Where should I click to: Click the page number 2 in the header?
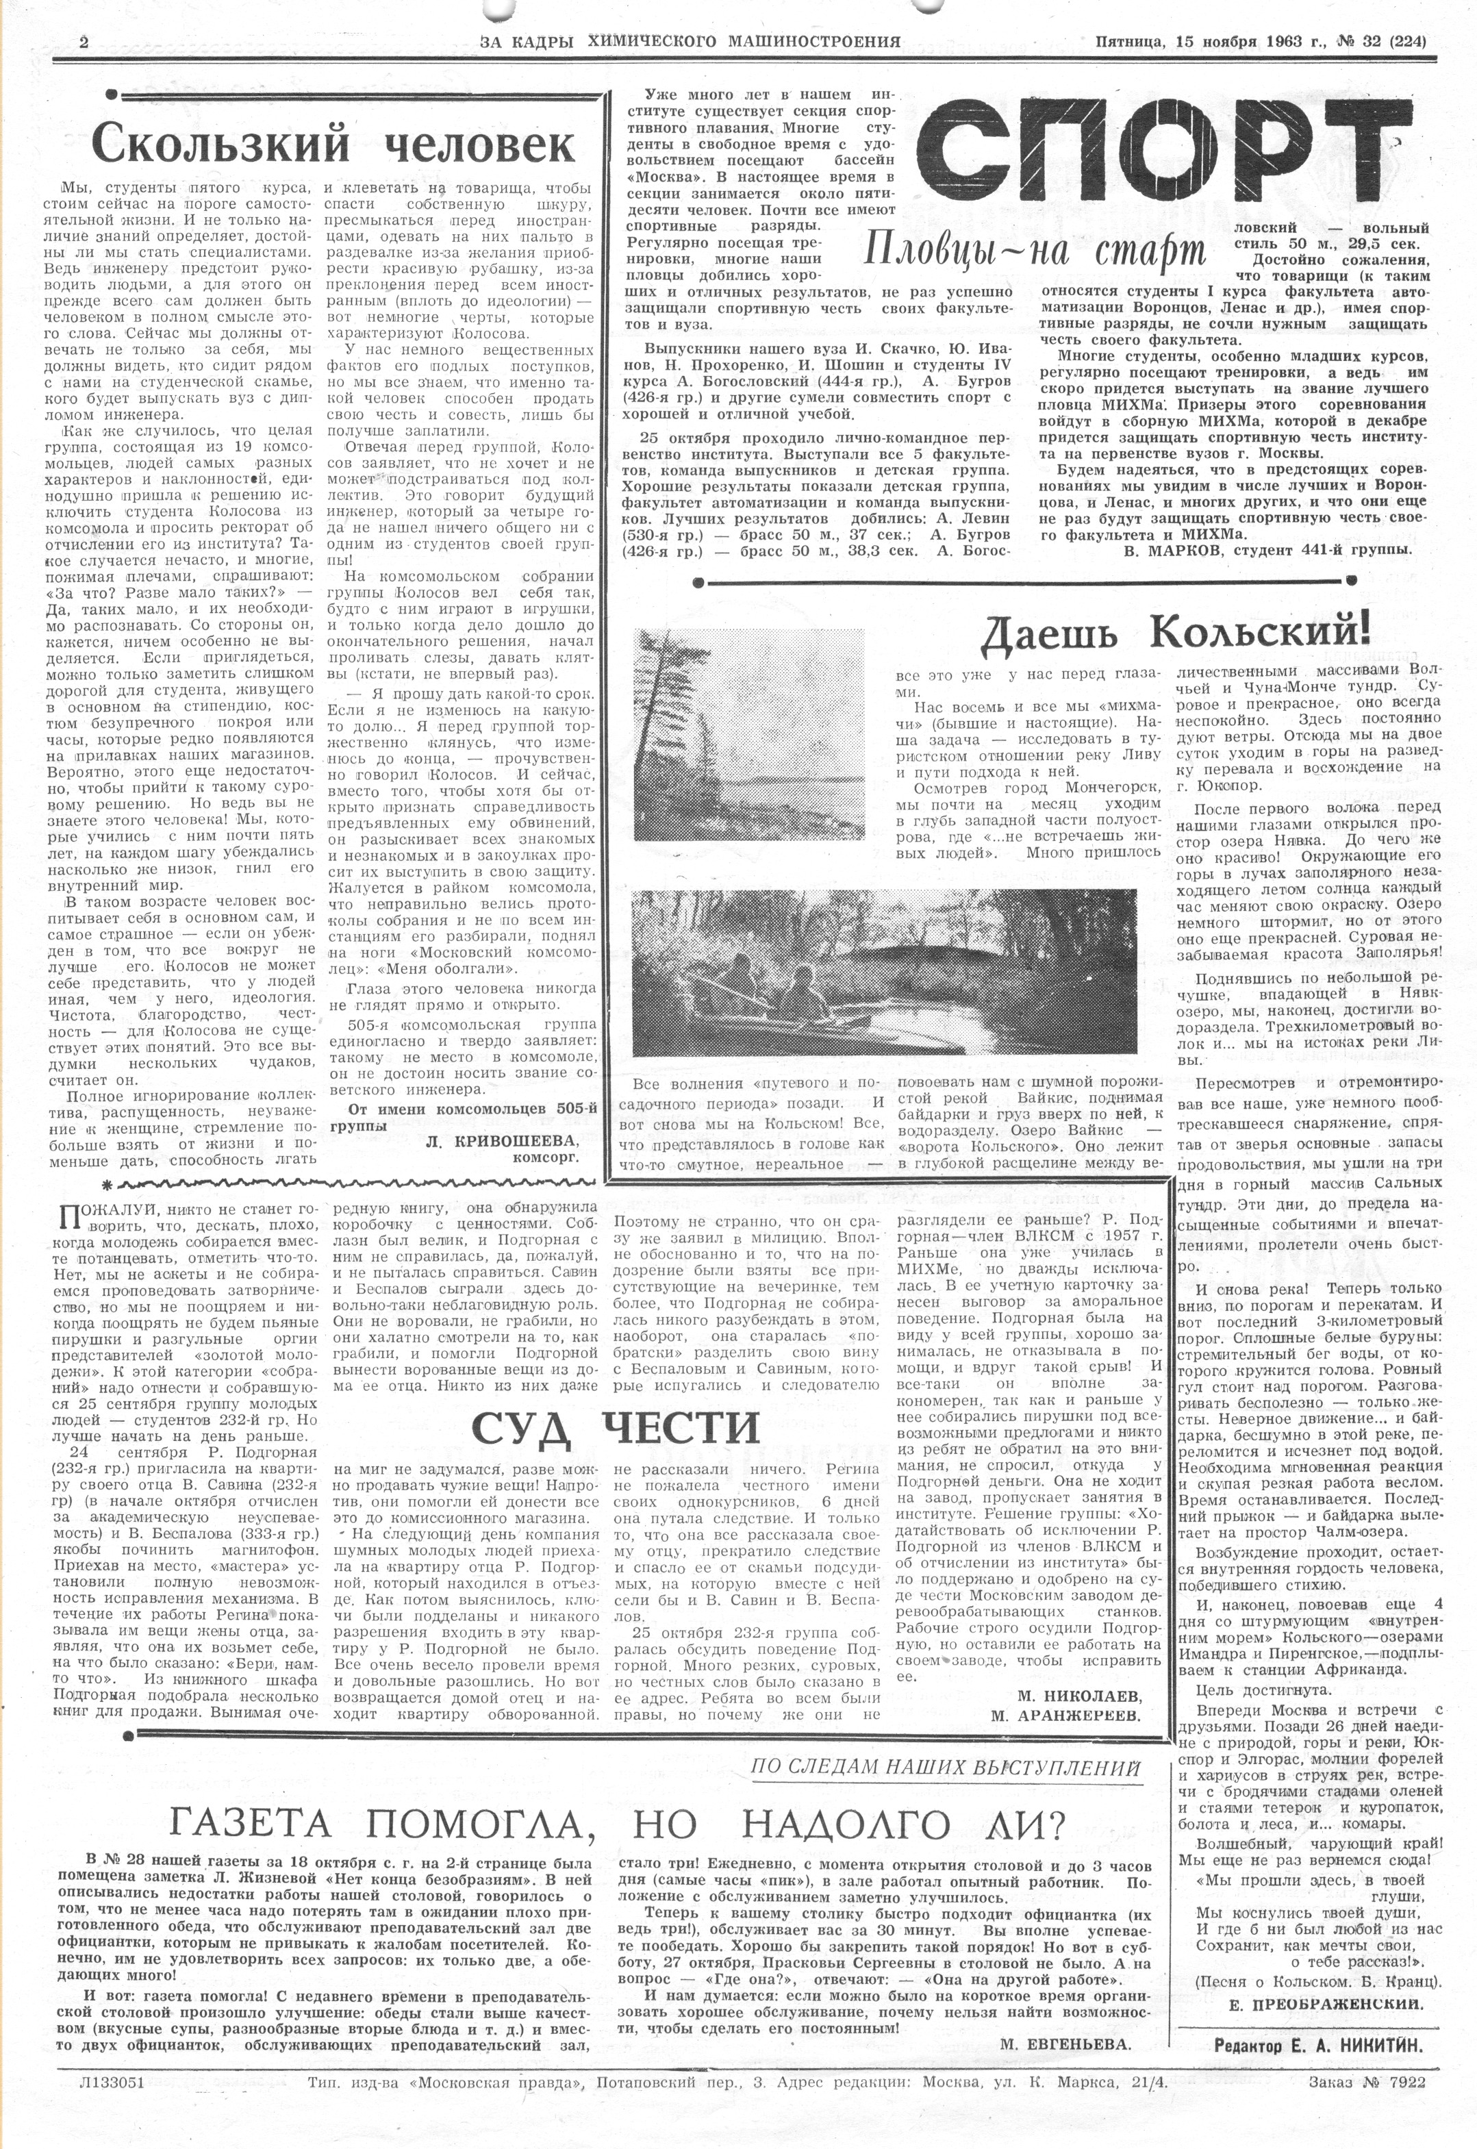84,42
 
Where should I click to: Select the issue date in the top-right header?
1261,42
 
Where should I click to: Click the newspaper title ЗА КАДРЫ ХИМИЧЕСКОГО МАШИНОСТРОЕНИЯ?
690,42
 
